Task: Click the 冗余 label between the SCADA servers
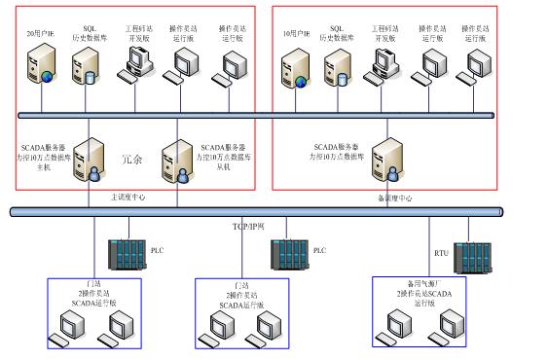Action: (132, 157)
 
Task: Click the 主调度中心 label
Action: (128, 197)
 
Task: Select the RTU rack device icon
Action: (471, 256)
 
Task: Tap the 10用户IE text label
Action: (292, 34)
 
